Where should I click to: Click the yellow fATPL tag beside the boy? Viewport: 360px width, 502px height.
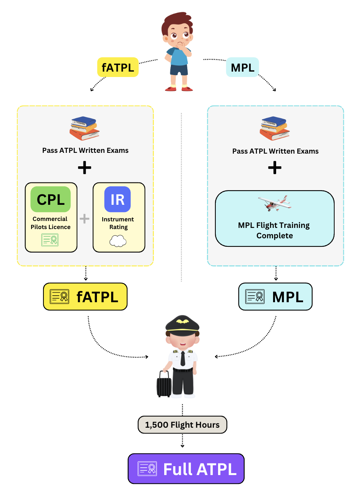[x=118, y=67]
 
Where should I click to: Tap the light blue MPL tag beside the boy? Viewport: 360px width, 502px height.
[x=242, y=67]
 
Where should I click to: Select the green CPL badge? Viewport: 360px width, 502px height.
[x=51, y=199]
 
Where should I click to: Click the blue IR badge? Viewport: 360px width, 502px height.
[x=118, y=199]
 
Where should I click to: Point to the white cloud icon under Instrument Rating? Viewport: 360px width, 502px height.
[x=118, y=241]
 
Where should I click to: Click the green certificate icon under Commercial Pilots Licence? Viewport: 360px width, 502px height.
[x=50, y=240]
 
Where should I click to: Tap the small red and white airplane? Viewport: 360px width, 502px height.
[x=275, y=203]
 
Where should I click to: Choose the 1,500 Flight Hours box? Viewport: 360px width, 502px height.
[x=182, y=425]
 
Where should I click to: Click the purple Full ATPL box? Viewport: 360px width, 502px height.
[x=186, y=469]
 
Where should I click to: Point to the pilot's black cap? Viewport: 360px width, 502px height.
[x=182, y=324]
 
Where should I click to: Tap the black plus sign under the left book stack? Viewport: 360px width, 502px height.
[x=85, y=167]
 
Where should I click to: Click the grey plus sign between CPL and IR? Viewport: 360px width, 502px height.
[x=85, y=219]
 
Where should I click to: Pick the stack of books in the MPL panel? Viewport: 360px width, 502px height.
[x=274, y=128]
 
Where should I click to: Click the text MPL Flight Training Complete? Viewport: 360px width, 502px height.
[x=274, y=230]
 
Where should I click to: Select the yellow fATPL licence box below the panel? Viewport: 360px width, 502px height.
[x=85, y=297]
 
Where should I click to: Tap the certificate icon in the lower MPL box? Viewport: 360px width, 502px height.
[x=255, y=296]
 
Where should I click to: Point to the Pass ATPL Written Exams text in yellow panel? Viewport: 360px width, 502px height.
[x=85, y=151]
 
